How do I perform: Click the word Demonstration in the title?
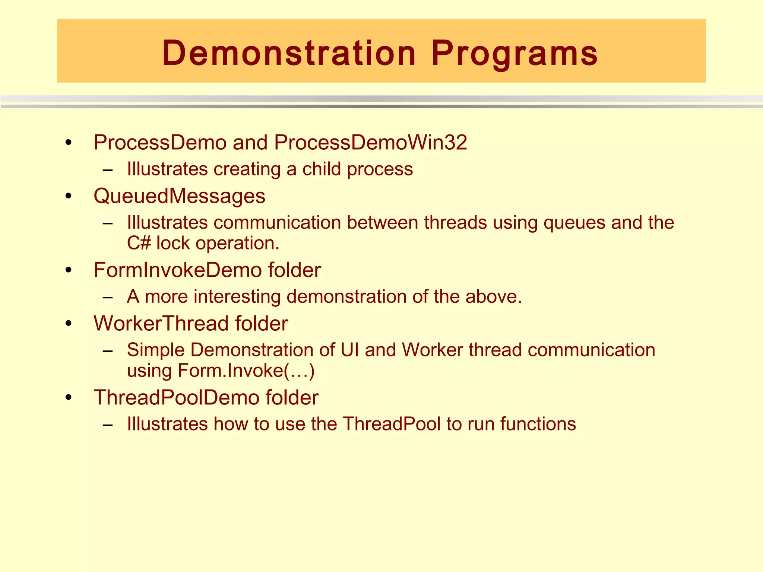pyautogui.click(x=289, y=53)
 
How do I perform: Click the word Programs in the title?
pyautogui.click(x=515, y=53)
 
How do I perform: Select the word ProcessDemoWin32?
pyautogui.click(x=371, y=143)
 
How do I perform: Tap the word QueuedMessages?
pyautogui.click(x=179, y=196)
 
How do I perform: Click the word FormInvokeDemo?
pyautogui.click(x=178, y=270)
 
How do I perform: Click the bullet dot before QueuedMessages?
pyautogui.click(x=68, y=196)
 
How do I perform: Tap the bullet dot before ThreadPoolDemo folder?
pyautogui.click(x=68, y=398)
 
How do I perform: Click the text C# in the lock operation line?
pyautogui.click(x=139, y=243)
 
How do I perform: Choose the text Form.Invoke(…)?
pyautogui.click(x=246, y=371)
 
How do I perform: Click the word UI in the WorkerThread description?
pyautogui.click(x=349, y=350)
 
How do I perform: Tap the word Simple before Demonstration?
pyautogui.click(x=156, y=350)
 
